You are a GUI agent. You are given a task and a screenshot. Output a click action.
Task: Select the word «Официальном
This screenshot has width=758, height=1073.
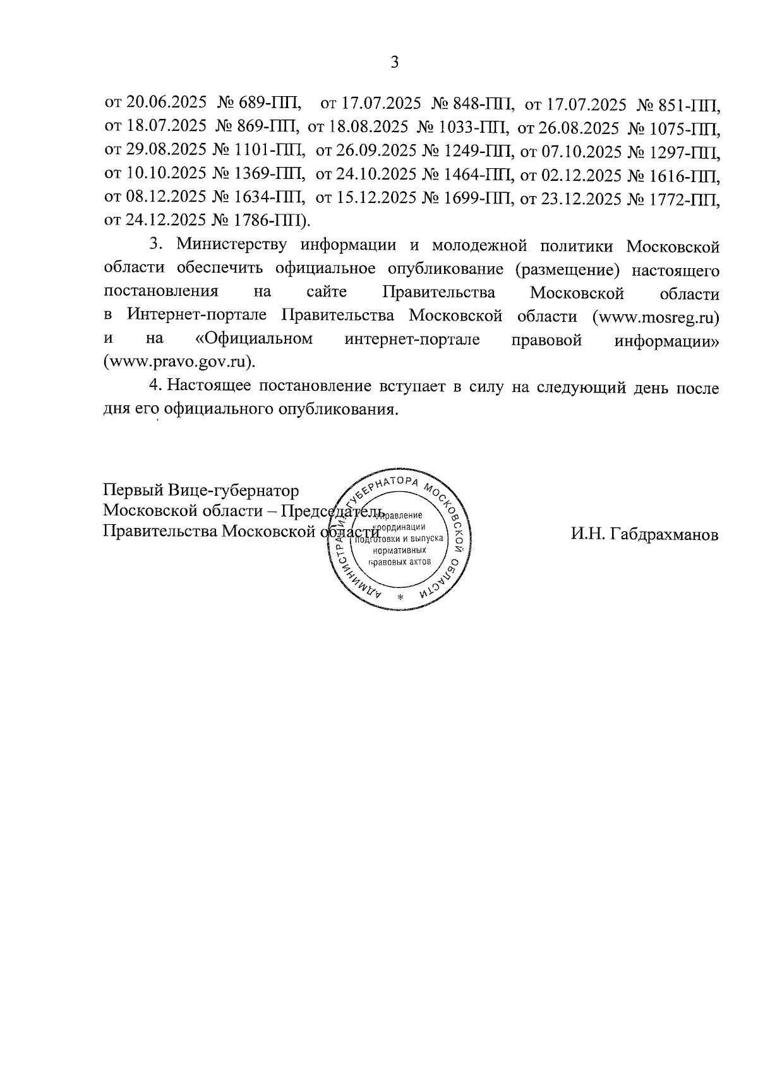[x=255, y=339]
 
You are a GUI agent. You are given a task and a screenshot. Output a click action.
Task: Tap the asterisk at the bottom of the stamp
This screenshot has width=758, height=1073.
[x=399, y=597]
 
